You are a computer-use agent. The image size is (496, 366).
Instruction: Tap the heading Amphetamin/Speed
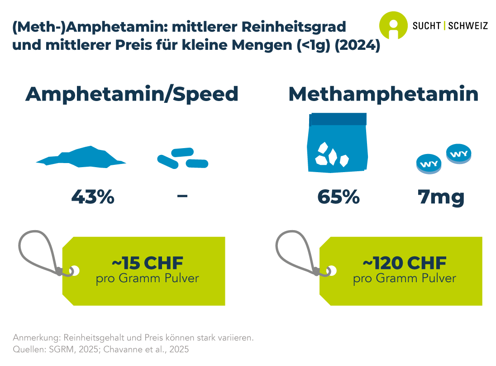coord(132,94)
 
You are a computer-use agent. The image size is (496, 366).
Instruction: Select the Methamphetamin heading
coord(383,94)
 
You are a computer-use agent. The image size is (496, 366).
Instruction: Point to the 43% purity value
coord(93,197)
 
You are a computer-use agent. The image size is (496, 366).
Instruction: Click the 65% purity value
coord(339,197)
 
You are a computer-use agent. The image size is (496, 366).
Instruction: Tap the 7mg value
coord(442,197)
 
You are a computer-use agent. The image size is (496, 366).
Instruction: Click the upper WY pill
coord(458,153)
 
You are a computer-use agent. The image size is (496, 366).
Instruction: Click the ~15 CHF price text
coord(147,263)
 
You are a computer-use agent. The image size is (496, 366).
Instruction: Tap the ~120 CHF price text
coord(404,263)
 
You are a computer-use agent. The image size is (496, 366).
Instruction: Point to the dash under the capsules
coord(182,197)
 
